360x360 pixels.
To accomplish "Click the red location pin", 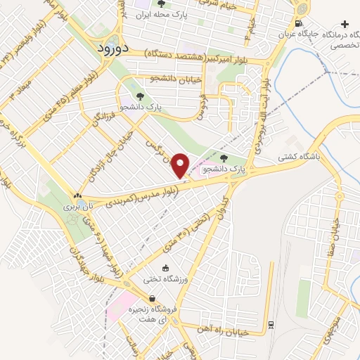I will click(181, 166).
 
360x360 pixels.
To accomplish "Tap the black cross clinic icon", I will click(344, 24).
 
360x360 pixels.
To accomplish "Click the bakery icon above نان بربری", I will click(77, 196).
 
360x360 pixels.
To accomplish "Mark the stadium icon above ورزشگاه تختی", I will click(165, 268).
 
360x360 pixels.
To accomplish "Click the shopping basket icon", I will click(153, 299).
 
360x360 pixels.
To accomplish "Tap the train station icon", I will click(270, 324).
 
